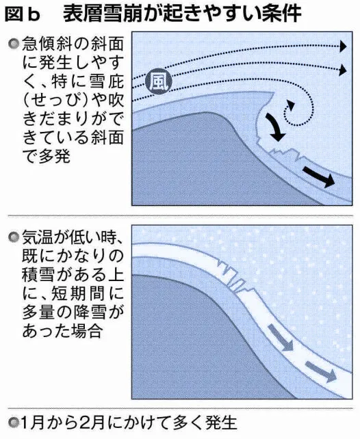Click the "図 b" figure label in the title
click(x=23, y=14)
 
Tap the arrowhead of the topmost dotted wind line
click(x=343, y=46)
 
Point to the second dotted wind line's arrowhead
click(x=343, y=70)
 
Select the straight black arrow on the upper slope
click(x=319, y=176)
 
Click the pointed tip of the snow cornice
click(x=274, y=93)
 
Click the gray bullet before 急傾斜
click(x=14, y=44)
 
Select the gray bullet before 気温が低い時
click(x=14, y=237)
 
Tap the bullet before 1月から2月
click(x=13, y=423)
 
